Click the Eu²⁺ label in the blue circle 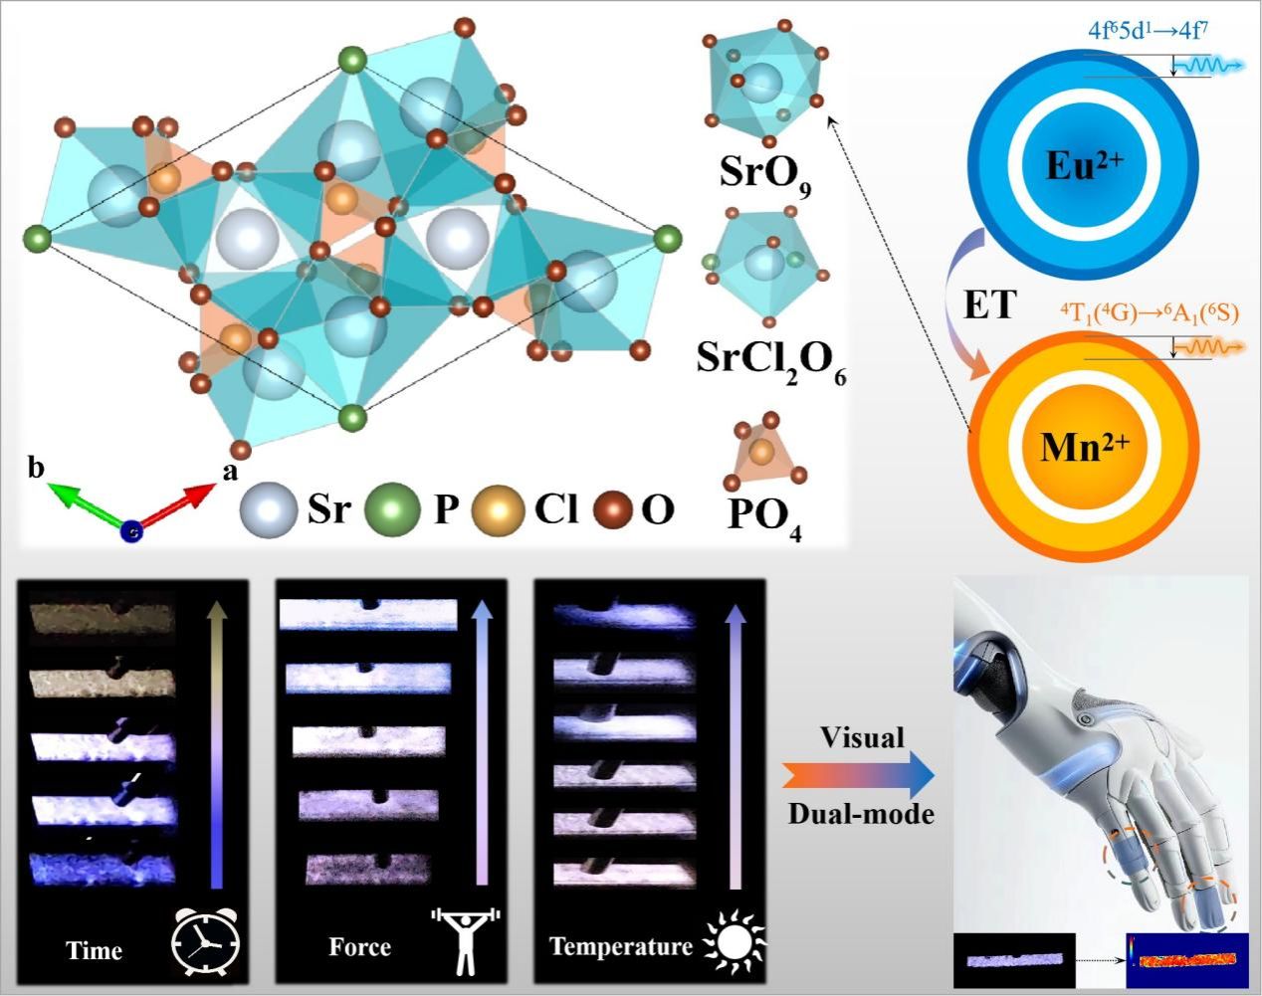point(1084,164)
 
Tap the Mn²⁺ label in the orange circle point(1084,449)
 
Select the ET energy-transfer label point(989,304)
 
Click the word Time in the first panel point(95,950)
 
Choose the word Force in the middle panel point(359,946)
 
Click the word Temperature point(620,945)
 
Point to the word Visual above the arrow point(862,737)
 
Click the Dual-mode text point(861,814)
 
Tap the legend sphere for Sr point(269,510)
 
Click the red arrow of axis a point(179,503)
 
